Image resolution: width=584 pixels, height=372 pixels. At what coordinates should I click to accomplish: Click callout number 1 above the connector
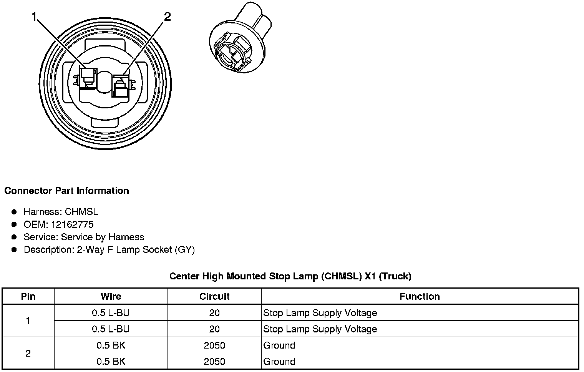(x=34, y=17)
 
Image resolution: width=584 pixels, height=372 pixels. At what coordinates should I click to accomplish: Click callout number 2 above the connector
(x=167, y=17)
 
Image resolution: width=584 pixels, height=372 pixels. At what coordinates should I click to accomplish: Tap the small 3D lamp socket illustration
(x=240, y=37)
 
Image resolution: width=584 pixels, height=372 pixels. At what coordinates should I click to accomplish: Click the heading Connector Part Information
(x=67, y=191)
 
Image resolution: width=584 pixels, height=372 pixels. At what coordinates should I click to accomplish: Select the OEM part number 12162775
(x=72, y=224)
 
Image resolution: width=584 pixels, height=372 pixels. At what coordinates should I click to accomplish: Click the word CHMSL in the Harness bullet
(x=81, y=212)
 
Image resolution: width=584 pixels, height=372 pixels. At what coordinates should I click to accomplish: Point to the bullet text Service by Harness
(x=103, y=237)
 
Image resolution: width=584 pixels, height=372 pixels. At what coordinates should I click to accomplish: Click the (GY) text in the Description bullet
(x=185, y=250)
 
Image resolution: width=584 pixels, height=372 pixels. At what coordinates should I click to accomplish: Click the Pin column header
(x=28, y=296)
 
